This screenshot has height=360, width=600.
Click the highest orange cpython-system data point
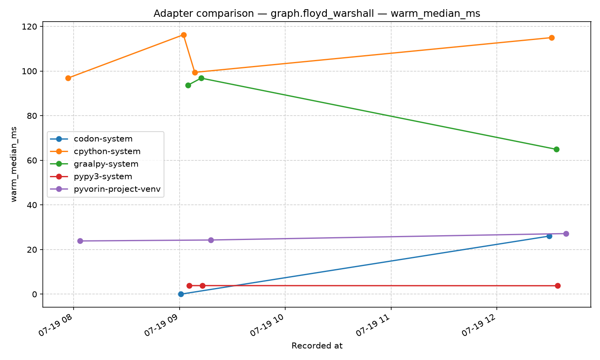tap(184, 35)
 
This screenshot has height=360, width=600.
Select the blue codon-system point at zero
tap(181, 294)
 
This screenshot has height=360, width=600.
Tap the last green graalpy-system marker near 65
tap(556, 150)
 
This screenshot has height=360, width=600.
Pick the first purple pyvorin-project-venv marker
tap(80, 241)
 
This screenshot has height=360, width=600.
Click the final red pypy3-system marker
tap(558, 286)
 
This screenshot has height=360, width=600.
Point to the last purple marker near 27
tap(566, 234)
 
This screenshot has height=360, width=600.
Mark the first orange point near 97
tap(68, 78)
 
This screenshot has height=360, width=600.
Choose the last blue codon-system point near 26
tap(549, 236)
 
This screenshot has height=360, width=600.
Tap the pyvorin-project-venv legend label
tap(117, 189)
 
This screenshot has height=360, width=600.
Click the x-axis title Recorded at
tap(317, 346)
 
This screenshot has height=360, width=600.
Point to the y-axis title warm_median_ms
tap(14, 164)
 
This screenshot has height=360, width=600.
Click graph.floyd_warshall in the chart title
tap(322, 14)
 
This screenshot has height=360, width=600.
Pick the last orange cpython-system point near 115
tap(552, 38)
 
